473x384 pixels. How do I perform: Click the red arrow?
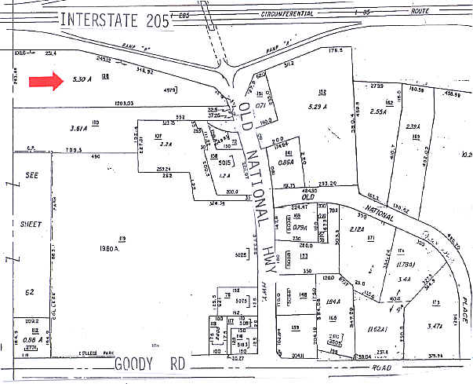pyautogui.click(x=46, y=81)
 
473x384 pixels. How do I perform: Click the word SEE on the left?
pyautogui.click(x=31, y=174)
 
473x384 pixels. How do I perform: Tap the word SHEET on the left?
pyautogui.click(x=31, y=223)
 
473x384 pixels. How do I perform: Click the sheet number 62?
pyautogui.click(x=30, y=292)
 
